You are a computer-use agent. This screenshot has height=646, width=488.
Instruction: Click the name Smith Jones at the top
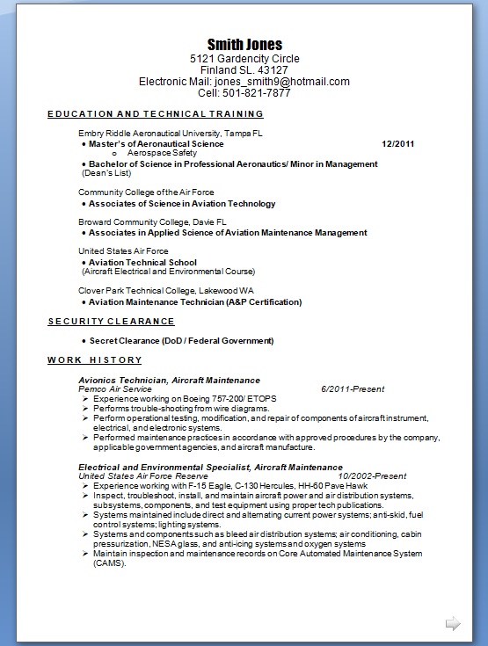point(244,44)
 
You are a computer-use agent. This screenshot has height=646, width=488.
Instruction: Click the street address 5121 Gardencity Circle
point(244,59)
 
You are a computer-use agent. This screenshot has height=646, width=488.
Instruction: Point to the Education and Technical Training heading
point(156,114)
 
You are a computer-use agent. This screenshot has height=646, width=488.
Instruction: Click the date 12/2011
point(398,143)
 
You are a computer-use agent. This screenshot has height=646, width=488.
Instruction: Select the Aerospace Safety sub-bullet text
point(162,153)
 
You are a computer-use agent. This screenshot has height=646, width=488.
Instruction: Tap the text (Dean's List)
point(107,173)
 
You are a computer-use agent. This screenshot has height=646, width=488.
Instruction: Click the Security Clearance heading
point(111,322)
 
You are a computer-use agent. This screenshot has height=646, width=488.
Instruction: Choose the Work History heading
point(94,360)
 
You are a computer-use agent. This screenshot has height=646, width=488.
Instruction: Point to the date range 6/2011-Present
point(353,388)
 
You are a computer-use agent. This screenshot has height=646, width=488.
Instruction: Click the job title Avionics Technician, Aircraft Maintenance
point(169,380)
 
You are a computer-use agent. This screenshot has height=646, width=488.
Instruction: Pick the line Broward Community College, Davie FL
point(152,222)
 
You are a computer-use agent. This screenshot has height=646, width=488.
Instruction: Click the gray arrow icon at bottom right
point(453,624)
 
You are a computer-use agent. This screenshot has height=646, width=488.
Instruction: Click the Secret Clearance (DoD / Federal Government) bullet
point(181,340)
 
